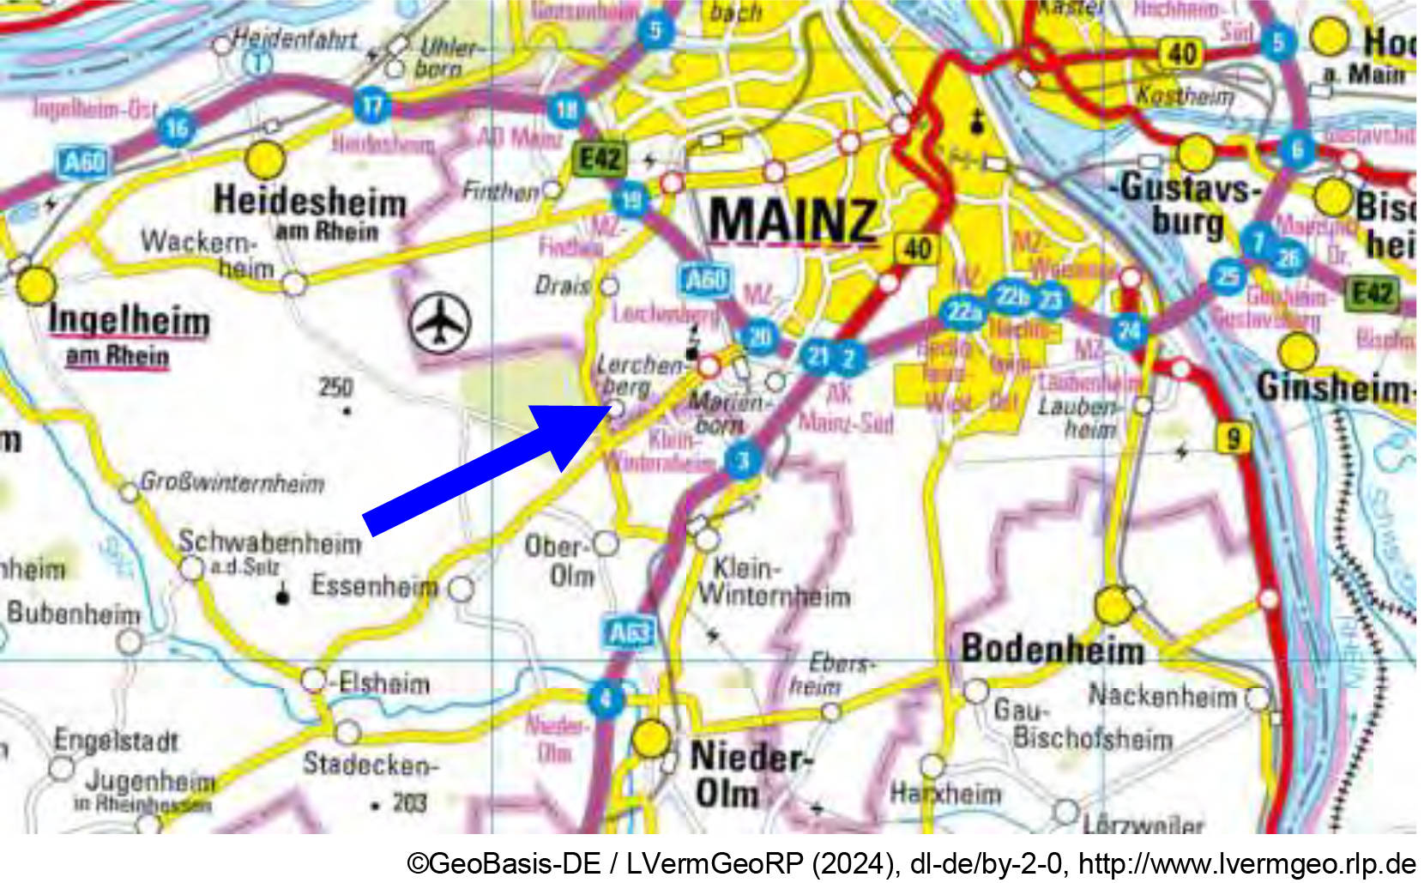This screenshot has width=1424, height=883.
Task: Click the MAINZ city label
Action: point(793,220)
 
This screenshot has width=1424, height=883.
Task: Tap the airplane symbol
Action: point(440,323)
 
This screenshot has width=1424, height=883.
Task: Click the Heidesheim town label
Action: point(310,202)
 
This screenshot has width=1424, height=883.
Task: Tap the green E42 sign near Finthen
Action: point(600,159)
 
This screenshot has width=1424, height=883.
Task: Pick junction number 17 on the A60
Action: point(371,106)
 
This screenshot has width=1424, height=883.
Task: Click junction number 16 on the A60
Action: point(177,129)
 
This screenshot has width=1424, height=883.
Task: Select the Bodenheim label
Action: point(1053,650)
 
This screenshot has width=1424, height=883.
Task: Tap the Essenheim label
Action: point(374,586)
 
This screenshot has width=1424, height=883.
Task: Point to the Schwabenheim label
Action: point(269,543)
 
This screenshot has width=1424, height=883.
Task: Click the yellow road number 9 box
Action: point(1233,439)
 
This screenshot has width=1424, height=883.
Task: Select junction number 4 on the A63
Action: point(606,699)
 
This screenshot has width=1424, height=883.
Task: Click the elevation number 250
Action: point(335,388)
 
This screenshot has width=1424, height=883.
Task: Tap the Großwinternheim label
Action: point(232,482)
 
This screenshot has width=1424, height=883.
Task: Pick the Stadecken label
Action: point(370,763)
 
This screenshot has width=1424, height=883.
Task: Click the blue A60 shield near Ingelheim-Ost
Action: point(84,161)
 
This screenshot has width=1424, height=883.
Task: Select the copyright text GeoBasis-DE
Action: point(504,863)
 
